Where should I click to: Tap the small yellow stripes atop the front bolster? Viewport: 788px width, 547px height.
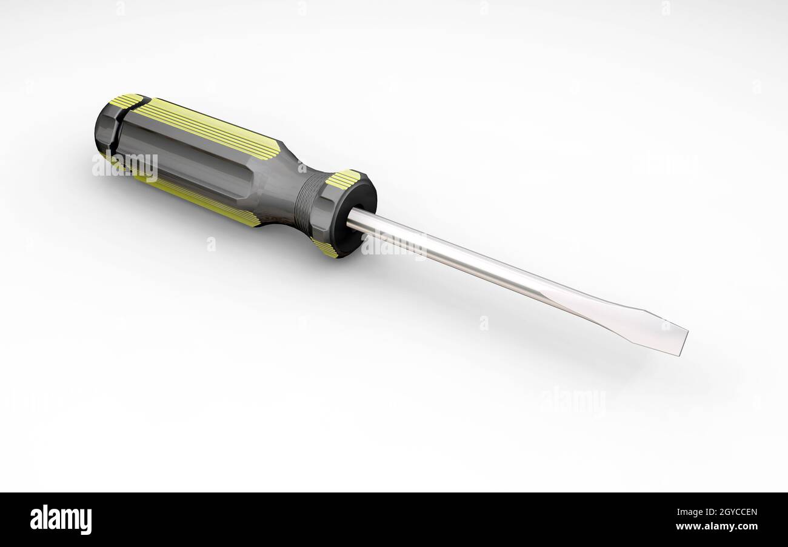pyautogui.click(x=343, y=179)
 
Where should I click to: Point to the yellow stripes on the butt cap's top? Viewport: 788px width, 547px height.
pyautogui.click(x=126, y=101)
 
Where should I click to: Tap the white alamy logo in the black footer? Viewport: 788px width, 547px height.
pyautogui.click(x=61, y=520)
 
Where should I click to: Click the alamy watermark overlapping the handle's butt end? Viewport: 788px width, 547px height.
pyautogui.click(x=125, y=165)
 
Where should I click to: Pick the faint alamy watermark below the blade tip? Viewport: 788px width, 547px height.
pyautogui.click(x=573, y=402)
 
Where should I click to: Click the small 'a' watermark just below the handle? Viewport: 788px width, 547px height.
pyautogui.click(x=211, y=244)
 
